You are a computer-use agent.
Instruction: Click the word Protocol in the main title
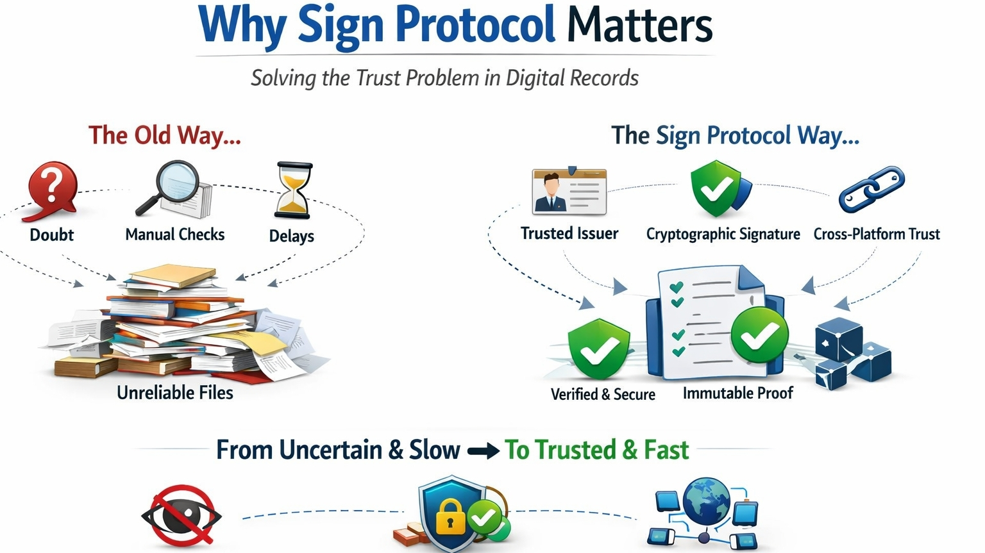(x=475, y=26)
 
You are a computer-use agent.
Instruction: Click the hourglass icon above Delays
(x=294, y=190)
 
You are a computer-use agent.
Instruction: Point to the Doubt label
(x=51, y=235)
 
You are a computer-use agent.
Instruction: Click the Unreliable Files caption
(x=174, y=393)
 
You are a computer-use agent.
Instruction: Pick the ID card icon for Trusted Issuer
(x=569, y=192)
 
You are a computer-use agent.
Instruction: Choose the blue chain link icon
(x=871, y=189)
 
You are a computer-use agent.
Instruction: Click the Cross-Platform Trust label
(x=876, y=235)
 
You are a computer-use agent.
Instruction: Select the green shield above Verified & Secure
(x=599, y=349)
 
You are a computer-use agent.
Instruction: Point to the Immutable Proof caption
(x=737, y=393)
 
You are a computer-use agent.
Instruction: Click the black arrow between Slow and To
(x=483, y=451)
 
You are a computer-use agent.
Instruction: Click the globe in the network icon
(x=706, y=500)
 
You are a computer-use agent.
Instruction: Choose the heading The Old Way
(x=164, y=136)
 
